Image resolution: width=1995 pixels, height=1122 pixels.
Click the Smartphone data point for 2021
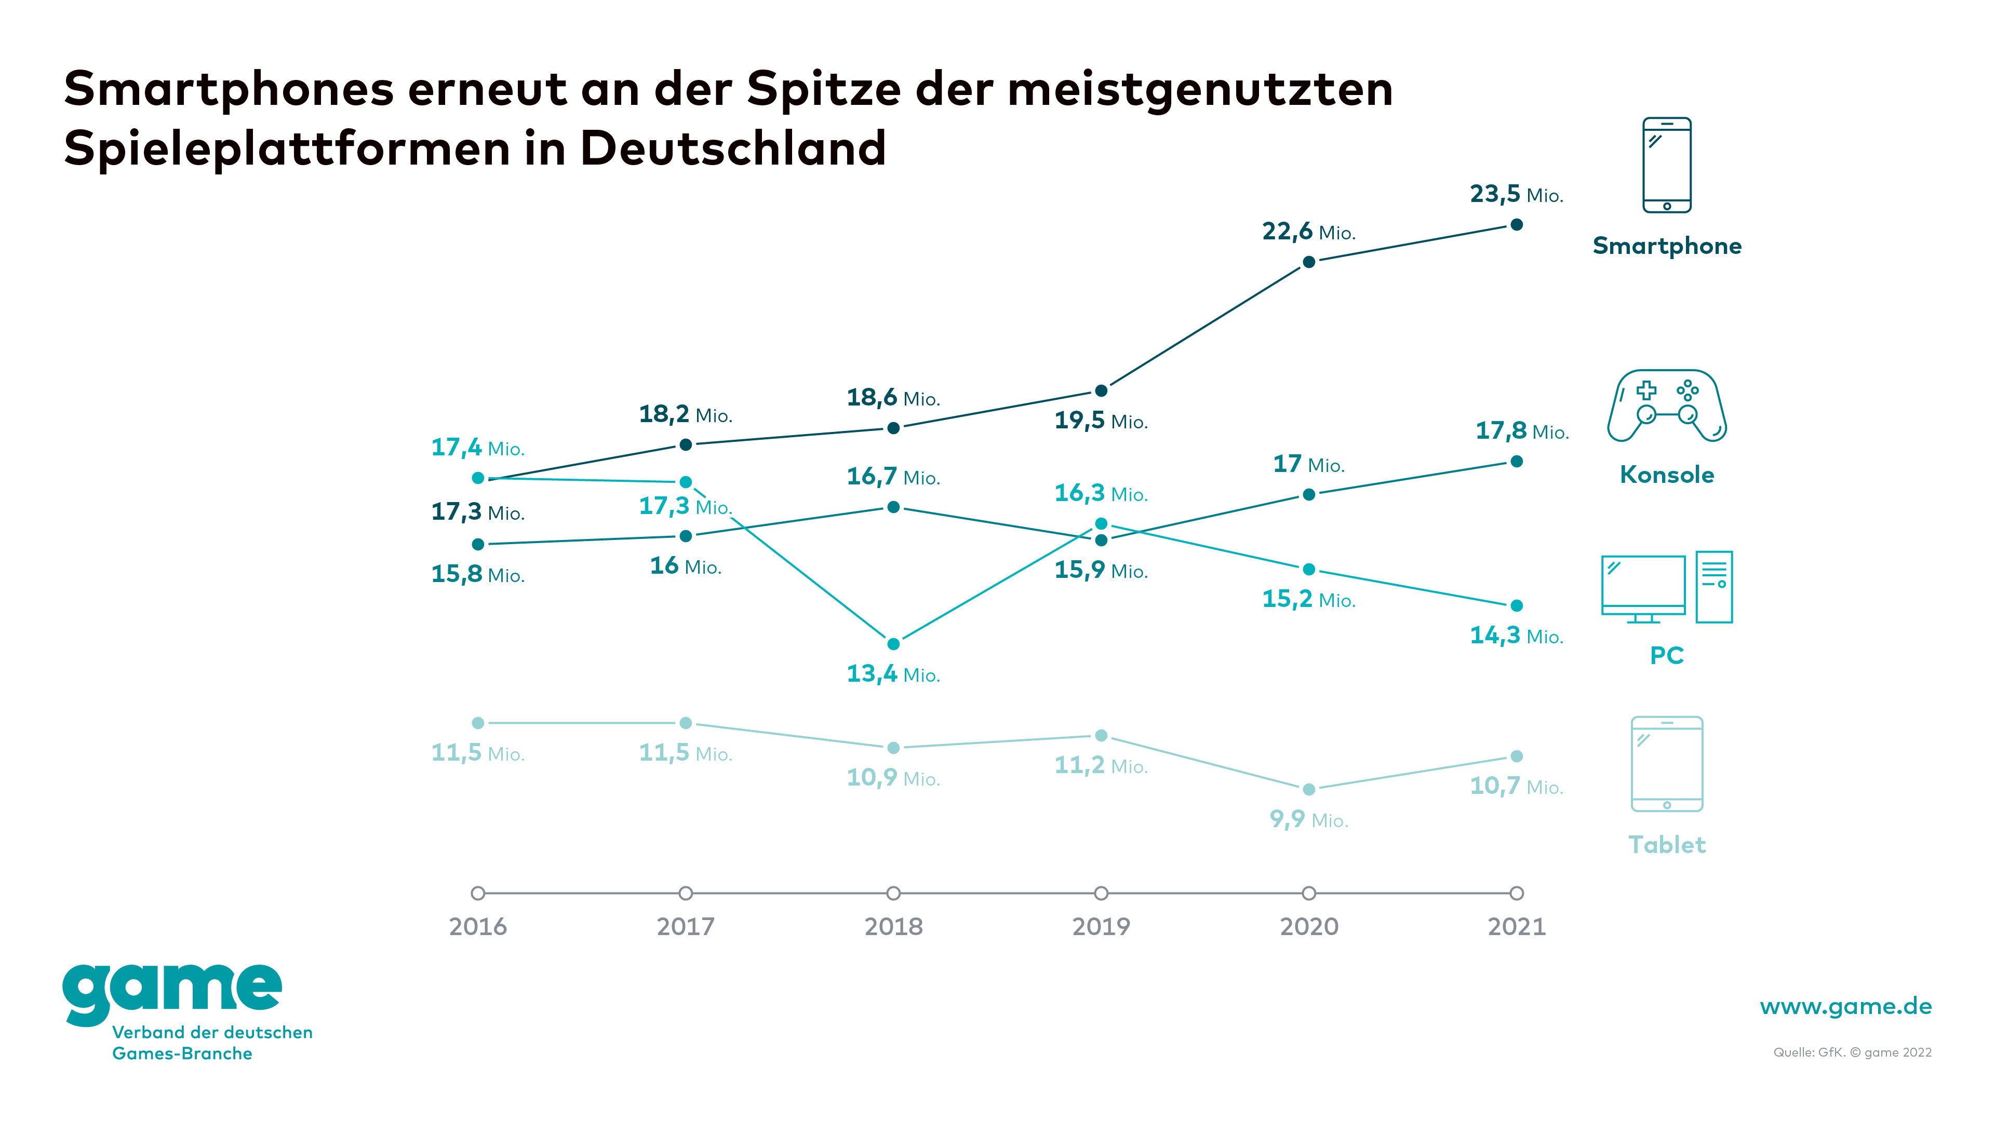coord(1517,224)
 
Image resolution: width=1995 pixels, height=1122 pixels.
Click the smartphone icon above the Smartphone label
coord(1667,165)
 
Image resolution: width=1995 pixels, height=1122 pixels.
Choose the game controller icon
coord(1667,405)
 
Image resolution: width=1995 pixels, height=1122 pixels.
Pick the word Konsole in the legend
coord(1667,475)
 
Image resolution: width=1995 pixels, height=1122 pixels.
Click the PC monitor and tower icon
coord(1667,588)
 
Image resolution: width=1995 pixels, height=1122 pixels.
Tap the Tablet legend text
coord(1667,845)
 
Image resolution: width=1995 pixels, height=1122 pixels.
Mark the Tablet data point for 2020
coord(1309,789)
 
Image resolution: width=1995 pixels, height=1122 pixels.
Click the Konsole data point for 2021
coord(1517,462)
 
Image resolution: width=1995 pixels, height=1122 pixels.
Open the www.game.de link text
coord(1845,1007)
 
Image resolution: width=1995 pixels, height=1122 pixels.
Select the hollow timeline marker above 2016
coord(478,893)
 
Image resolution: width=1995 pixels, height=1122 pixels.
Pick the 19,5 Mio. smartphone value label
coord(1101,421)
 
